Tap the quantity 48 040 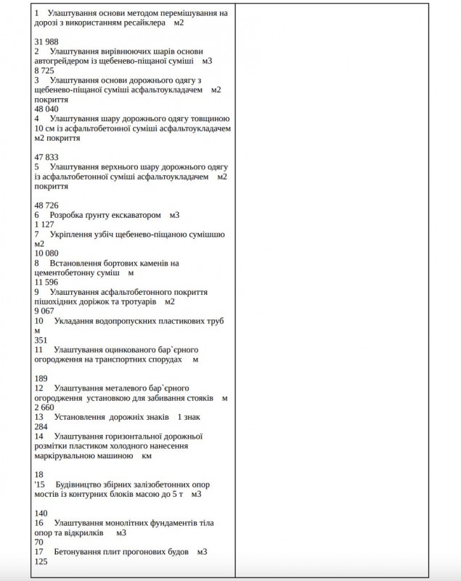click(x=46, y=109)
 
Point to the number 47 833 click(x=46, y=157)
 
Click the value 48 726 click(x=46, y=205)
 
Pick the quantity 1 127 click(x=44, y=224)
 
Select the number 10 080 click(x=46, y=253)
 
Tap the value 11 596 click(x=46, y=282)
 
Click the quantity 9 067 click(x=44, y=310)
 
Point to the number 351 click(x=41, y=339)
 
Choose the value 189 click(x=41, y=378)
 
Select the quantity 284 click(x=41, y=426)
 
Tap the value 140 click(x=41, y=512)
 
